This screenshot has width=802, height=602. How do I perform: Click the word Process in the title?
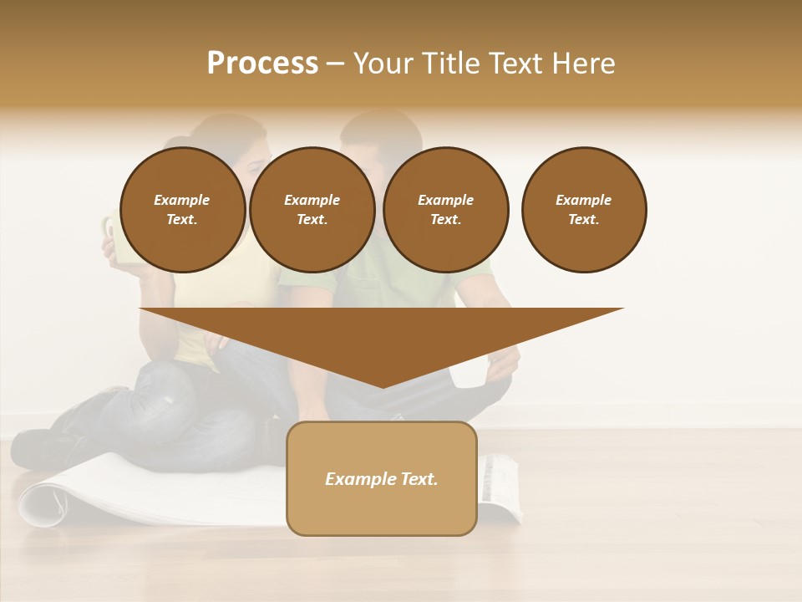[x=262, y=64]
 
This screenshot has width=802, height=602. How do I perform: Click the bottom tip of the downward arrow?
[x=383, y=385]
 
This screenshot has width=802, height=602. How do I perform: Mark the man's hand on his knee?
[x=502, y=365]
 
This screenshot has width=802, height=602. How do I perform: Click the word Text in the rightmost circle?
[x=583, y=219]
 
